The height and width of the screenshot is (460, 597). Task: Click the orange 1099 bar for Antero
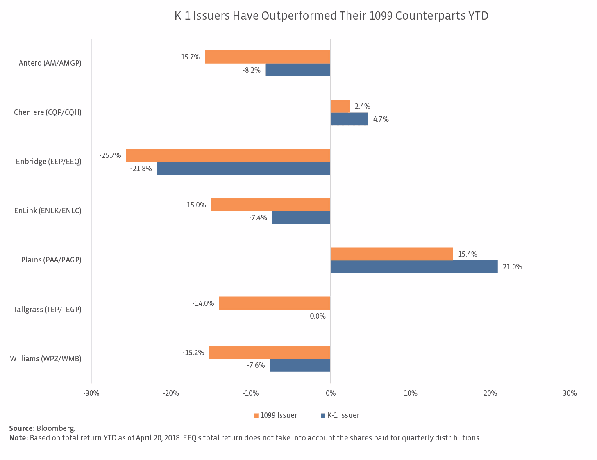pyautogui.click(x=268, y=57)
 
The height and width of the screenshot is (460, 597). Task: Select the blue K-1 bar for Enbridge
pyautogui.click(x=243, y=169)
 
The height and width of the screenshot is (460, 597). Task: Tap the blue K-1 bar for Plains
pyautogui.click(x=414, y=267)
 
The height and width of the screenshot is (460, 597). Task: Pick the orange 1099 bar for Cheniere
pyautogui.click(x=340, y=106)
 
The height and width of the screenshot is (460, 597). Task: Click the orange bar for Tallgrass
pyautogui.click(x=275, y=303)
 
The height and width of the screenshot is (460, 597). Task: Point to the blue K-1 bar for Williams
pyautogui.click(x=300, y=365)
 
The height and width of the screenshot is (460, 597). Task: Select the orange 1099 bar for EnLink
pyautogui.click(x=270, y=205)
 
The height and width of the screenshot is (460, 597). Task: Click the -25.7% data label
pyautogui.click(x=110, y=156)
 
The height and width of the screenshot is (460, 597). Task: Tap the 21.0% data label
pyautogui.click(x=512, y=267)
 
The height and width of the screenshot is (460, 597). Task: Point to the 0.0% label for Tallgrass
pyautogui.click(x=318, y=316)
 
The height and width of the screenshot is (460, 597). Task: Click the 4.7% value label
pyautogui.click(x=381, y=119)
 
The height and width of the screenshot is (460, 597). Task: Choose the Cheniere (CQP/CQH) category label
pyautogui.click(x=48, y=112)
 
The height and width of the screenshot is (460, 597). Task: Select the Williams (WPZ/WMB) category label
pyautogui.click(x=45, y=359)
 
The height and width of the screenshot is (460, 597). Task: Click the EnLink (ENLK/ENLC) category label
pyautogui.click(x=48, y=211)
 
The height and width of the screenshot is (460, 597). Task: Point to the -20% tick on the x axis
pyautogui.click(x=171, y=394)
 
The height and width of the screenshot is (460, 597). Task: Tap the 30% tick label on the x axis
pyautogui.click(x=570, y=394)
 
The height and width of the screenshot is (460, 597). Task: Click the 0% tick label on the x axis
pyautogui.click(x=331, y=394)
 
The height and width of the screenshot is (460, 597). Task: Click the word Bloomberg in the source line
pyautogui.click(x=56, y=428)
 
